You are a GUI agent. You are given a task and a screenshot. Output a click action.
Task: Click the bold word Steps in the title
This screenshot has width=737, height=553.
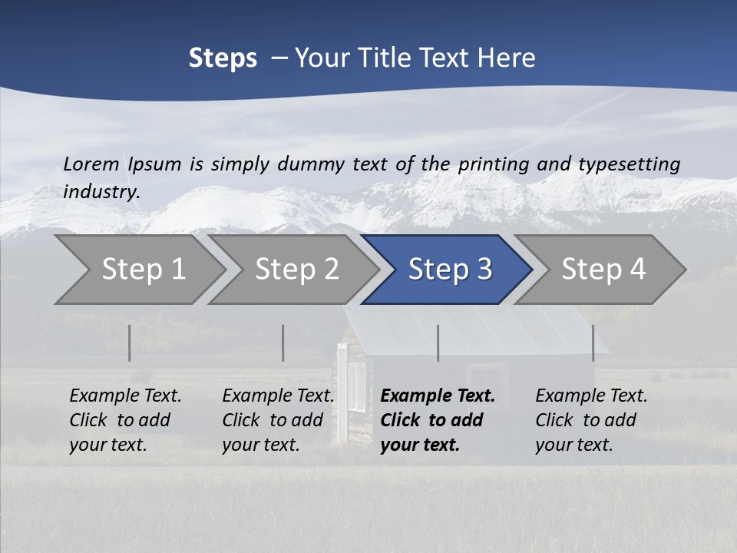point(223,58)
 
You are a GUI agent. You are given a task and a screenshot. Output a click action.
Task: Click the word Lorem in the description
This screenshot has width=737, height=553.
point(91,164)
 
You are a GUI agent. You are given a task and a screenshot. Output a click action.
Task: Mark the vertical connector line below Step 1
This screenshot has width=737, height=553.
point(130,343)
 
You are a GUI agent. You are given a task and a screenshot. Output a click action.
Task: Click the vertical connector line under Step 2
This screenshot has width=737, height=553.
point(283,343)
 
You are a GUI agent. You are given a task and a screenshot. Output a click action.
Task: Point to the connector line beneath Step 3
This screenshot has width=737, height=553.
point(438,343)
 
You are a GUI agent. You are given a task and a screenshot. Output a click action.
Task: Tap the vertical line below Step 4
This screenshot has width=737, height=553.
point(593,343)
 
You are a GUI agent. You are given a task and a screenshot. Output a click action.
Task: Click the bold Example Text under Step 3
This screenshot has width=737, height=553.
point(438,396)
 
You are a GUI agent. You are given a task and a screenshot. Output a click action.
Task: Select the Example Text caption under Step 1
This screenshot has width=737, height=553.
point(125,396)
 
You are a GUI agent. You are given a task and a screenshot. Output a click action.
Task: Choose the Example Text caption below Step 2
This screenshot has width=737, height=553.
point(278,396)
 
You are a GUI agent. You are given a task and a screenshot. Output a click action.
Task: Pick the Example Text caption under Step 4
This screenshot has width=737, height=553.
point(591,396)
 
